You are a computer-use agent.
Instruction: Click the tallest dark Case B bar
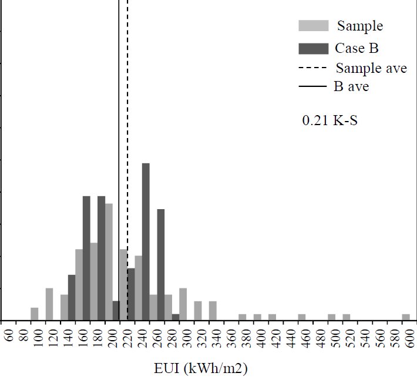(x=146, y=241)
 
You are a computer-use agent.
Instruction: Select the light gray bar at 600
(x=406, y=318)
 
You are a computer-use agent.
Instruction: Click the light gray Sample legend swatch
(x=314, y=26)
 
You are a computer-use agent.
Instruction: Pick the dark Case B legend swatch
(x=314, y=48)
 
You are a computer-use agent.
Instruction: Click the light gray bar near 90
(x=35, y=314)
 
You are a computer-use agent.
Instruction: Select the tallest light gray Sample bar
(x=109, y=261)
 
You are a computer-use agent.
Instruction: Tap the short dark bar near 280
(x=176, y=317)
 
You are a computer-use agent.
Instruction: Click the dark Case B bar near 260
(x=161, y=264)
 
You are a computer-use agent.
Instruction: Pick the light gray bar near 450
(x=302, y=318)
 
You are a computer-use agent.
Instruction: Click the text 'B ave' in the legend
(x=351, y=88)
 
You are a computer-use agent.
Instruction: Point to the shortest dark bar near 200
(x=116, y=311)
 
